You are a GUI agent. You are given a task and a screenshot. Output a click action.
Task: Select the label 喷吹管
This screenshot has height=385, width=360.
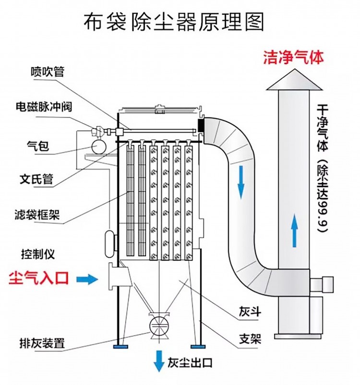coord(47,72)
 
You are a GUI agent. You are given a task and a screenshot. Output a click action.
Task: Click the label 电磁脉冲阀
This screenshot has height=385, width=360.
coord(44,107)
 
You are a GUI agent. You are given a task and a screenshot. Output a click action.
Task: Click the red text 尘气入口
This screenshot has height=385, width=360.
coord(40,277)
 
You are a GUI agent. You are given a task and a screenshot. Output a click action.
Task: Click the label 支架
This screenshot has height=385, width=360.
coord(250,338)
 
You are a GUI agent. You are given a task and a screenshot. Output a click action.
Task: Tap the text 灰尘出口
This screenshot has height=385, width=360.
coord(190,363)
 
